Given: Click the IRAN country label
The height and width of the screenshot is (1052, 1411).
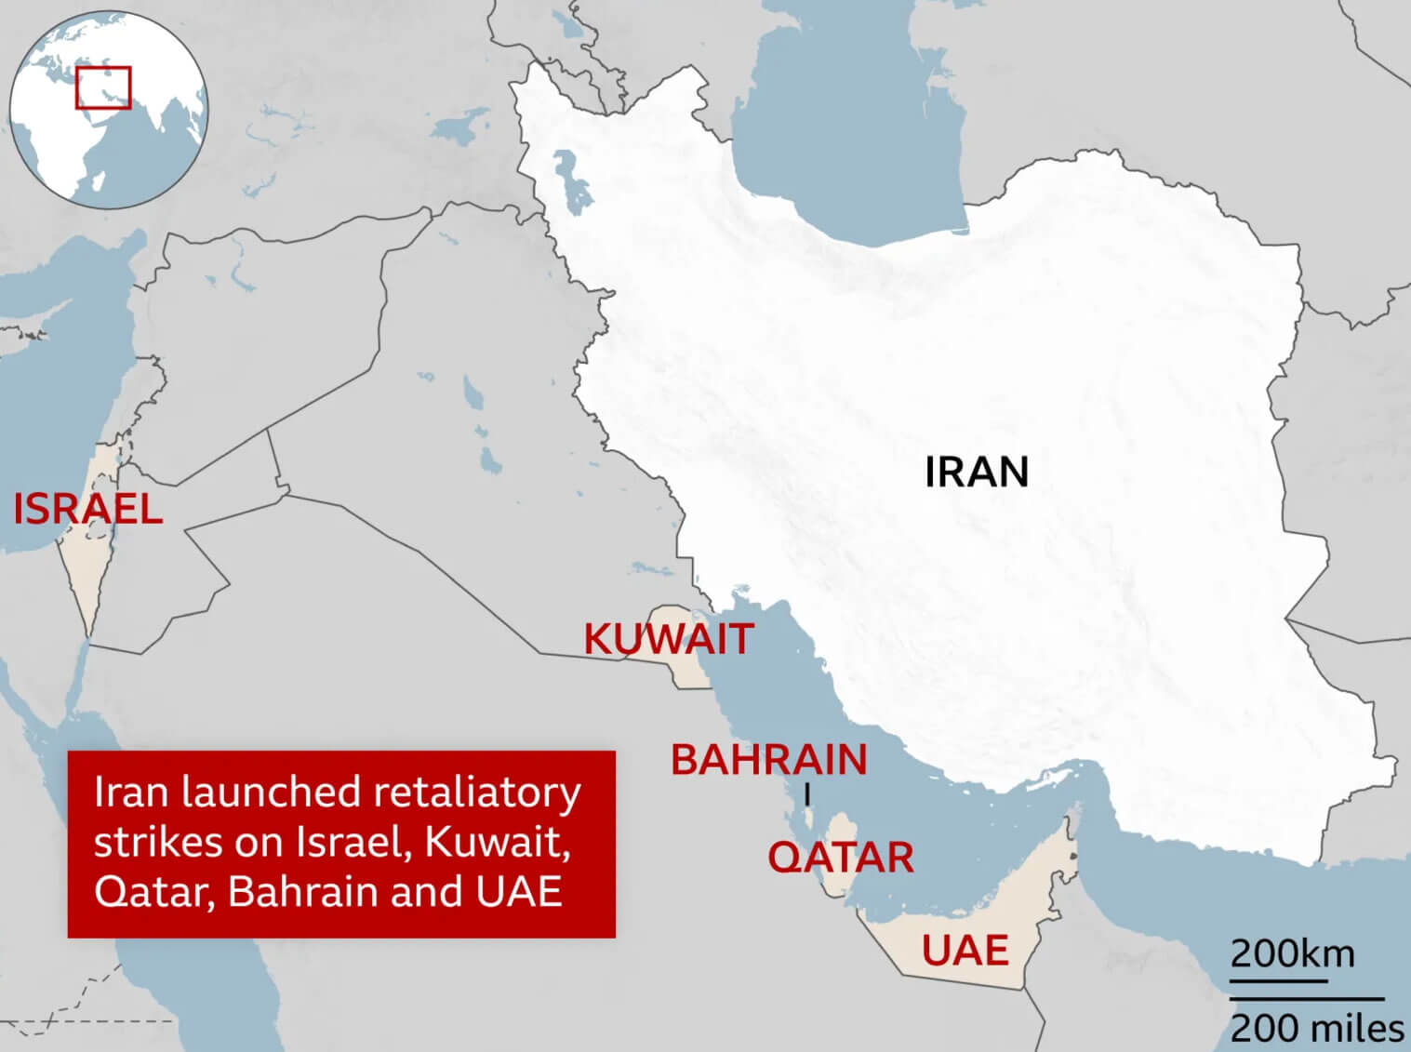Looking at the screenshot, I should coord(977,473).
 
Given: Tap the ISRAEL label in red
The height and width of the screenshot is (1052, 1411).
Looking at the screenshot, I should coord(87,510).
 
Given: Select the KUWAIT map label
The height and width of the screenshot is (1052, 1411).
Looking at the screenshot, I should coord(668,639).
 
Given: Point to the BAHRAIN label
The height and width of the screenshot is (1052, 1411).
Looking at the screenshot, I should coord(769,760).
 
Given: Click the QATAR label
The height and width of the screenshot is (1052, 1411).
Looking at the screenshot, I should coord(840,858).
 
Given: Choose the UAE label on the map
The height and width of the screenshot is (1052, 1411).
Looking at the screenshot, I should coord(965,951).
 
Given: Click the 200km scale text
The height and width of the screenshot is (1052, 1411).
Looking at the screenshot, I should coord(1292,954).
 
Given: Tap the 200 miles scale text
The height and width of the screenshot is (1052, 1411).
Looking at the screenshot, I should coord(1317,1028).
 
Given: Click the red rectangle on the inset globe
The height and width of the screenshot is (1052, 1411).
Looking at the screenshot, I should coord(103,87).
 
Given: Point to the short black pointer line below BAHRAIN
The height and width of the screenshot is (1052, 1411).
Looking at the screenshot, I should coord(807,795).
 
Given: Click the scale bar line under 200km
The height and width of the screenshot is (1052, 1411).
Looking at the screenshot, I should coord(1279,980).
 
